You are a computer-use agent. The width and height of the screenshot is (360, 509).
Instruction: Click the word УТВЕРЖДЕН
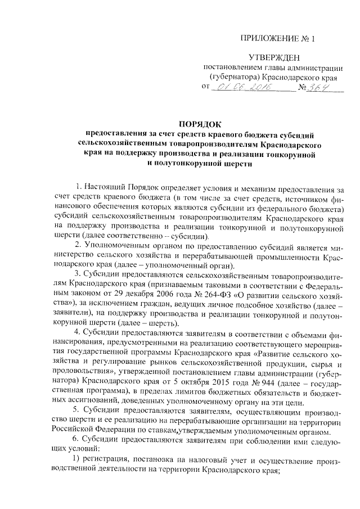pyautogui.click(x=275, y=57)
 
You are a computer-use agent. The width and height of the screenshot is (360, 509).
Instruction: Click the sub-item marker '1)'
pyautogui.click(x=79, y=460)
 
